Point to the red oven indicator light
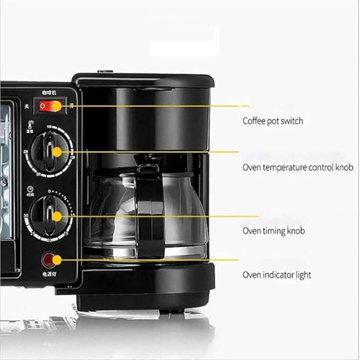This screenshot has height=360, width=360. pos(49,260)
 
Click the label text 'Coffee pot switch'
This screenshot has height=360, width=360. pos(273,121)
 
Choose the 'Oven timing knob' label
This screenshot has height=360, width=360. pos(274,231)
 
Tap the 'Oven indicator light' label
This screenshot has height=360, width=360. pos(277,274)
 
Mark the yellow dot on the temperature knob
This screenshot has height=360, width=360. pos(57,152)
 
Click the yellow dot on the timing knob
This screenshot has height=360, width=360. pos(57,216)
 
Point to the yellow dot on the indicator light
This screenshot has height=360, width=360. pos(56,260)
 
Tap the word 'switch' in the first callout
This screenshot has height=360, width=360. pos(292,121)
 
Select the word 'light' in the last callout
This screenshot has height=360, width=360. pos(302,274)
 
